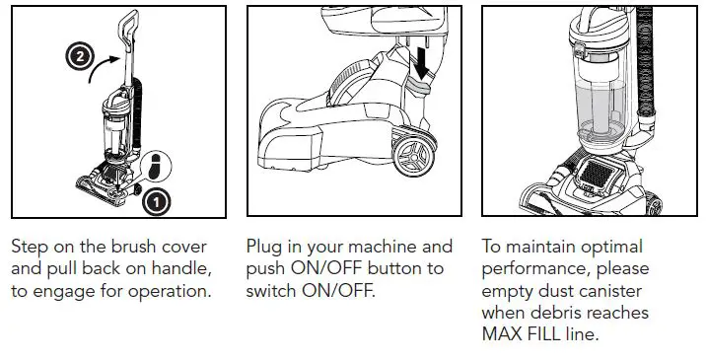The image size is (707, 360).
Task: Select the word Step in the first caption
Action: [31, 247]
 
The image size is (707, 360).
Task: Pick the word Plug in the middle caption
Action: [266, 247]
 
